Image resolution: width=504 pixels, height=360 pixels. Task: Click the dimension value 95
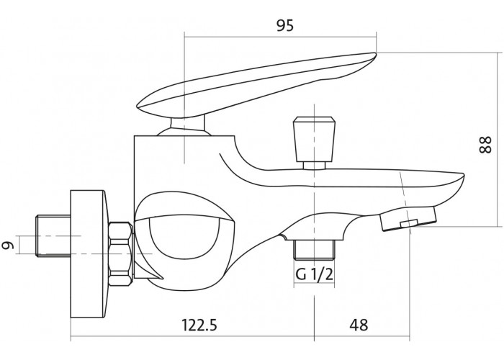285,25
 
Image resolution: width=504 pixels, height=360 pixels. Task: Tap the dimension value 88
485,145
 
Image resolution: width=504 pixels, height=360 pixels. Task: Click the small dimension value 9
9,245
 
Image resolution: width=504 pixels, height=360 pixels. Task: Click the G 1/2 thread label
315,274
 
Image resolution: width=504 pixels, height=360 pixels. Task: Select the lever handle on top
257,84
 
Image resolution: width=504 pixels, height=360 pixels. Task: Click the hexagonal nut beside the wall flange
121,253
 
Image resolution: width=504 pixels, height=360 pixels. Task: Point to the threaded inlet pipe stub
53,235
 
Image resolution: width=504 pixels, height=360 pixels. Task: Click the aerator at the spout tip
408,219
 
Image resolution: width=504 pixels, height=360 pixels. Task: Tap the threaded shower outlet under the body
315,250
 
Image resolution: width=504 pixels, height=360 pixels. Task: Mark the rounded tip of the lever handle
373,56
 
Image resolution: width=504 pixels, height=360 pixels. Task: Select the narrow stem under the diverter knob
315,165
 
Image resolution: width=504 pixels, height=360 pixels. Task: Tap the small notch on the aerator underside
408,223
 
